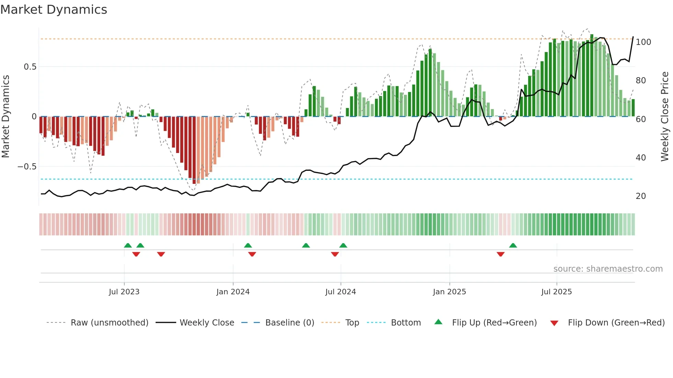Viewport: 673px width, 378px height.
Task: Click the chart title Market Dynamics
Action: point(54,10)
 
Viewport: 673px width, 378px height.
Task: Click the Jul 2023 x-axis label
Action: point(124,292)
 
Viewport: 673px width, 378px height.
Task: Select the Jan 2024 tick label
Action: point(233,292)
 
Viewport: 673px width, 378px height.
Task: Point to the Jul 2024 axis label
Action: point(340,292)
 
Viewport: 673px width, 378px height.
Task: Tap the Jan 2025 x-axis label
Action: point(449,292)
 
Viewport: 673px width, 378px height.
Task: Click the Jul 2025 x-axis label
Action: point(556,292)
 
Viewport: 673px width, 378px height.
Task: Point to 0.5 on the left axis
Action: point(30,67)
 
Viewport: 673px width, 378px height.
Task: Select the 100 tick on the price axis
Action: point(643,42)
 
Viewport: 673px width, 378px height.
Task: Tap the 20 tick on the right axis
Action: point(641,196)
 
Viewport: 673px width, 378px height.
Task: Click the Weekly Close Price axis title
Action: point(665,117)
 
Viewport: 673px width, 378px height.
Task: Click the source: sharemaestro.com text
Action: point(608,269)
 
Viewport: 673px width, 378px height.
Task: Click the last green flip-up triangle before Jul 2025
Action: point(513,245)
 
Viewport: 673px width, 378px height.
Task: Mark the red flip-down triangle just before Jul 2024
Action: point(335,254)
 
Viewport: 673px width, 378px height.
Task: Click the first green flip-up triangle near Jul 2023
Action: point(128,245)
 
